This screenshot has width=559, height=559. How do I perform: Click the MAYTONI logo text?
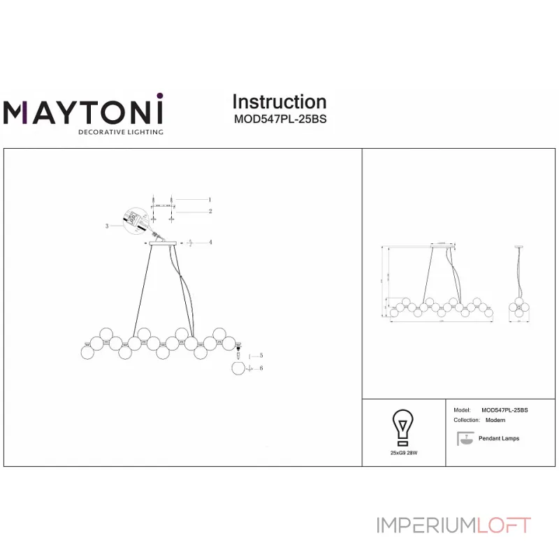pyautogui.click(x=83, y=112)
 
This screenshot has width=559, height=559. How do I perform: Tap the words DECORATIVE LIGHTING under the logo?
pyautogui.click(x=120, y=131)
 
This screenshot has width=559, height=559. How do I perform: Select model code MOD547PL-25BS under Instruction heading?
pyautogui.click(x=279, y=119)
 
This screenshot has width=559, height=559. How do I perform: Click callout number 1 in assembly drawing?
pyautogui.click(x=210, y=199)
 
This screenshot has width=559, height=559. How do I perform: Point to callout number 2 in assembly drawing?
pyautogui.click(x=210, y=210)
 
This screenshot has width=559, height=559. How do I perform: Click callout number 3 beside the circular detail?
pyautogui.click(x=107, y=226)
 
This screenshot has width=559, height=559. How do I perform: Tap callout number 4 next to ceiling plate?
pyautogui.click(x=210, y=242)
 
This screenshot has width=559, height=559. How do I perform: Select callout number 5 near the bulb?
pyautogui.click(x=260, y=356)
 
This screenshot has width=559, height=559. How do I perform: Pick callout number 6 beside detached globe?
pyautogui.click(x=260, y=368)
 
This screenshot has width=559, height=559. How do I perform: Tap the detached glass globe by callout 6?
pyautogui.click(x=239, y=368)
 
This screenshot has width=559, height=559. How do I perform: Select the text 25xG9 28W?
pyautogui.click(x=403, y=453)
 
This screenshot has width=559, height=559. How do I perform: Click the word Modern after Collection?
pyautogui.click(x=495, y=421)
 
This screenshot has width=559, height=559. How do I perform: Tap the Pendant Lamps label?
pyautogui.click(x=499, y=439)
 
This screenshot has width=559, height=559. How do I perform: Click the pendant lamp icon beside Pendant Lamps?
pyautogui.click(x=463, y=439)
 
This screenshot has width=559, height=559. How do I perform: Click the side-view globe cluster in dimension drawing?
pyautogui.click(x=518, y=307)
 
